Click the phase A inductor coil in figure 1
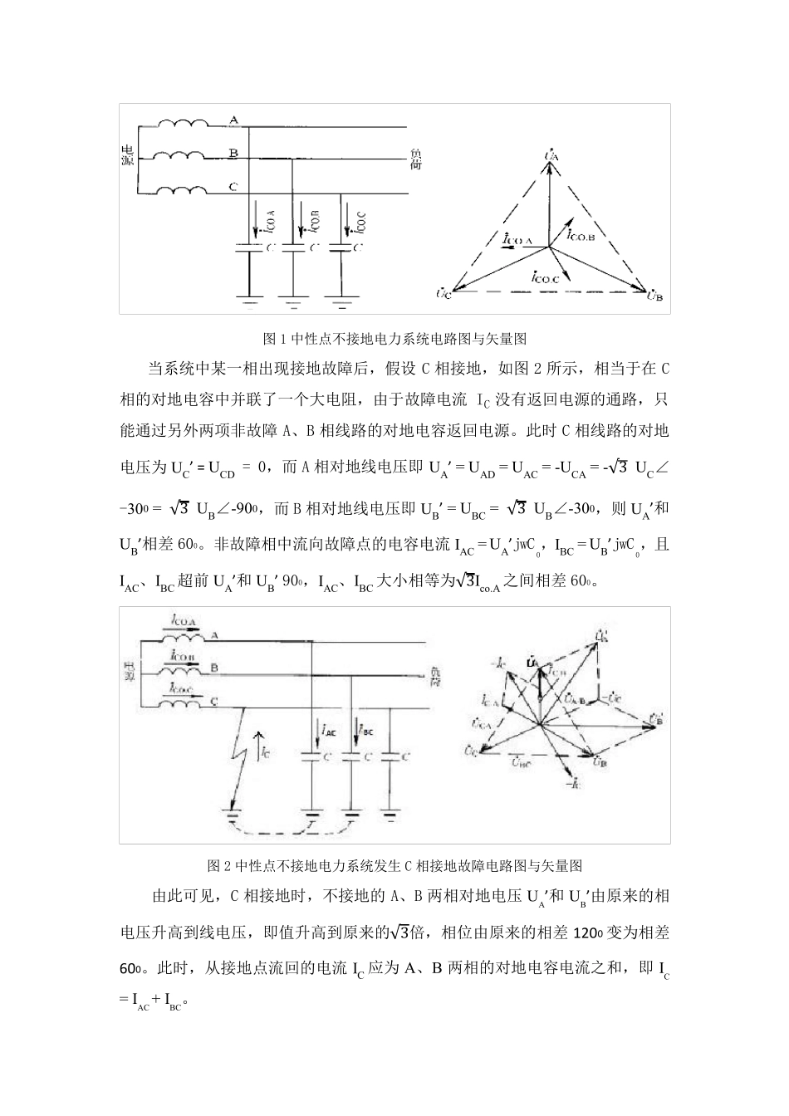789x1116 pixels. (184, 124)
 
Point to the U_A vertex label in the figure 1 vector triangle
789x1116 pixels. (551, 154)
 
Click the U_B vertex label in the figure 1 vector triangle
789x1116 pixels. (654, 296)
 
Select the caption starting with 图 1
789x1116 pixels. (394, 339)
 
